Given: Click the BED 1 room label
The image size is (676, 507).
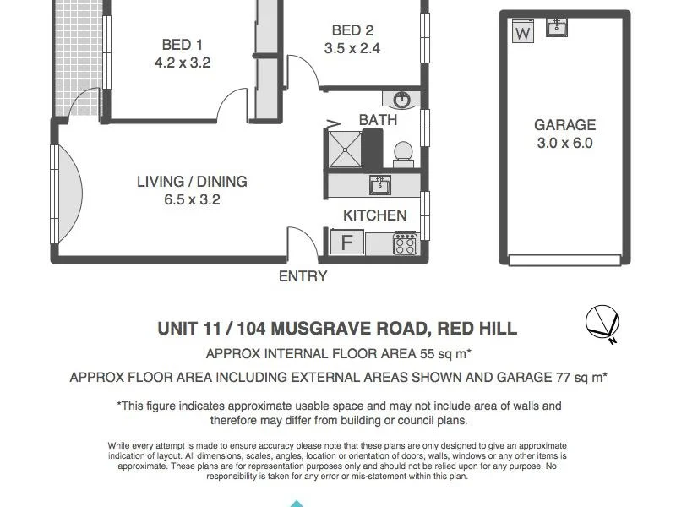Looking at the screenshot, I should pos(182,45).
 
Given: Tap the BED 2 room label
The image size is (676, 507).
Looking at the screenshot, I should pos(352,30).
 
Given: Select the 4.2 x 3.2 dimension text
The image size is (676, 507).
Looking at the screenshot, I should pos(182,63).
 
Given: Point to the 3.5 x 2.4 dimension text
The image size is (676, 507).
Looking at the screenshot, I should pos(352,48).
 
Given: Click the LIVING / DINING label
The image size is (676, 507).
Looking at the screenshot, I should pos(192,182).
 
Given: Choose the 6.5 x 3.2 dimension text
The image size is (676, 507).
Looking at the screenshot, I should pos(192,199).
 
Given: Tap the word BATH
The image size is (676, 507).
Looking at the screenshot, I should pos(378,120).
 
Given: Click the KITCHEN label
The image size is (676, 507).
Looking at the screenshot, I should pos(374,215).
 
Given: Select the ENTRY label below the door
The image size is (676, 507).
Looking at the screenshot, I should pos(303,276).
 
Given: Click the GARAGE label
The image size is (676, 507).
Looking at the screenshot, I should pos(564,125).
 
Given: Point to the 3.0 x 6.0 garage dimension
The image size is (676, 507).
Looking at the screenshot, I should pos(564,143).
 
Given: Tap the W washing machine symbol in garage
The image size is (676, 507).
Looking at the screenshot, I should pos(523,33).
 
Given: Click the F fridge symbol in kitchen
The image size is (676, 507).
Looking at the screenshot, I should pos(346,243).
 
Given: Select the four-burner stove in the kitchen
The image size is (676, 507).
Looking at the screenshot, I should pos(405,243).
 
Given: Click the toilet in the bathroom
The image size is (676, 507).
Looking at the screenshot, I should pos(403,153).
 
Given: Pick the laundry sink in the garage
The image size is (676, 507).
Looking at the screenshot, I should pos(557,28).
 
